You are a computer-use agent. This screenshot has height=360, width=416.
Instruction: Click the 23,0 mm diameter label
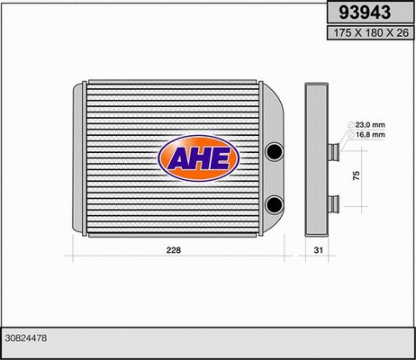371,124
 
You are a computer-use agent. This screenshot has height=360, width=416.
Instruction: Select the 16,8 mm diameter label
371,134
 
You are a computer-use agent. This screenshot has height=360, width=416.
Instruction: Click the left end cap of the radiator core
77,158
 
